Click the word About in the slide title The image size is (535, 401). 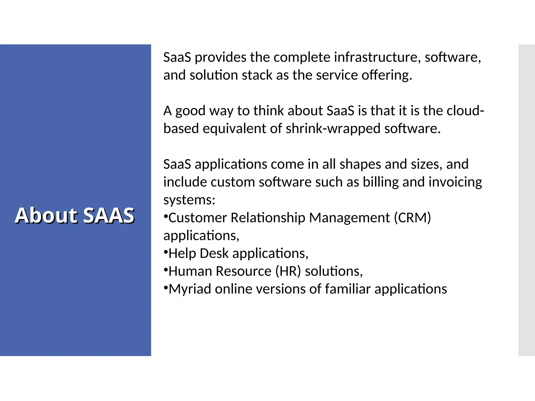(x=46, y=215)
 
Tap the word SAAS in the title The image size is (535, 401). (x=109, y=215)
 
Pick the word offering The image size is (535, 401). (x=387, y=75)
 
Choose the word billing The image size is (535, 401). (x=381, y=182)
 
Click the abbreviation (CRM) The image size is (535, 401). (x=412, y=218)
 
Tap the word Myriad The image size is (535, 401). (x=190, y=289)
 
